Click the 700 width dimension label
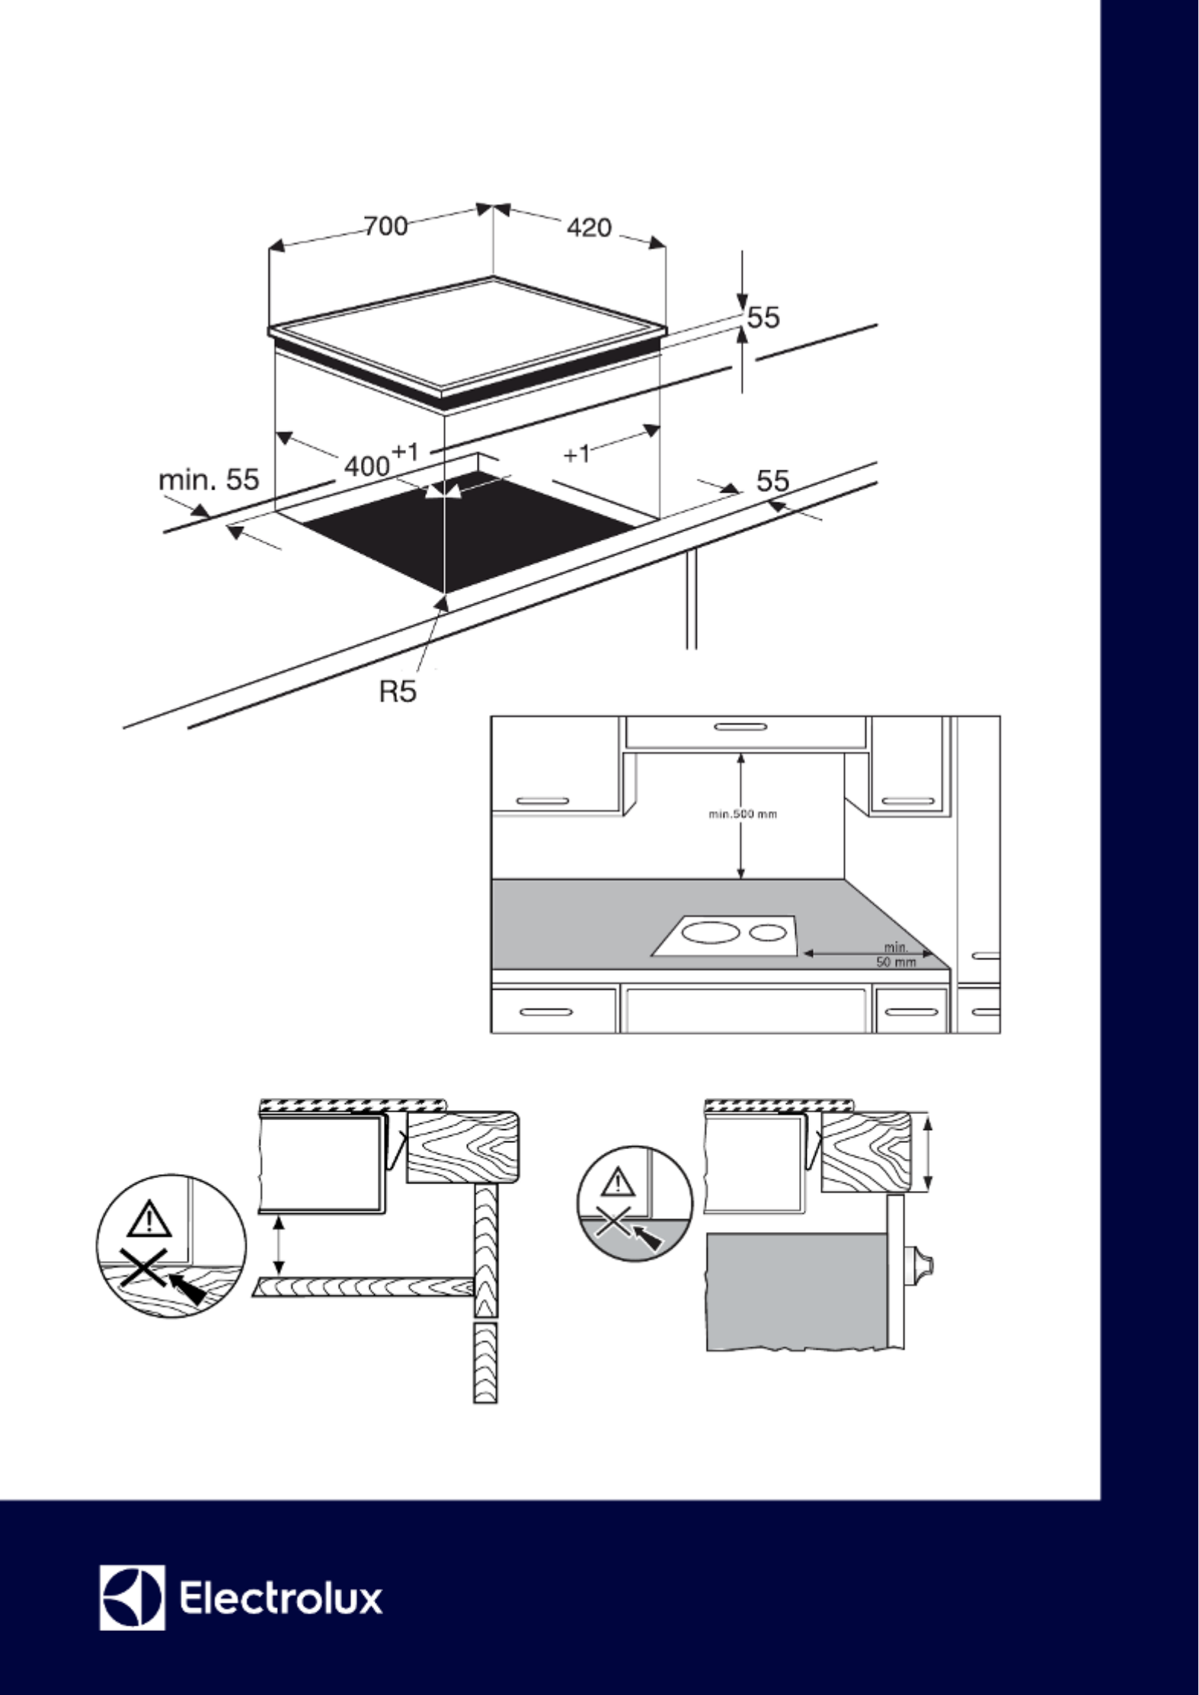click(x=385, y=227)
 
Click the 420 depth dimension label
click(x=589, y=227)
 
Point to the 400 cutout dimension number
click(x=367, y=465)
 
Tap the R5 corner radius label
click(x=398, y=691)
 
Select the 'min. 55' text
click(x=209, y=480)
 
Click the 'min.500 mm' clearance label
click(x=743, y=814)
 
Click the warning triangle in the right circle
click(x=618, y=1183)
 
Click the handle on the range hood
click(x=740, y=726)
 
